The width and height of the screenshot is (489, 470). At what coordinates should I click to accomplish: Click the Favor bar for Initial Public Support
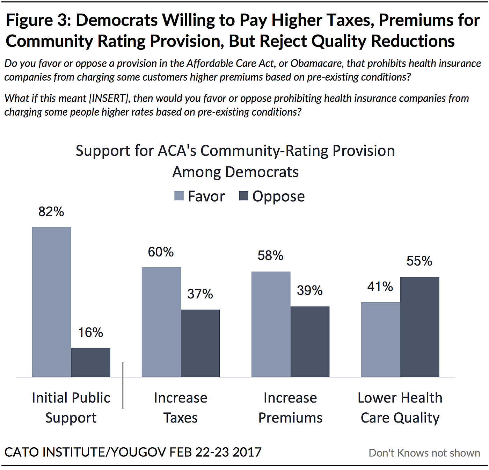point(51,302)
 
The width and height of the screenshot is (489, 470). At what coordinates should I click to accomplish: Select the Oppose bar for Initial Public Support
point(90,362)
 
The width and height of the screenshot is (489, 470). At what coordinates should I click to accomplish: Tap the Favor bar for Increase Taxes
point(161,322)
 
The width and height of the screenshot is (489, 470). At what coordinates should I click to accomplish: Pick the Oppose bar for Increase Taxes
point(200,343)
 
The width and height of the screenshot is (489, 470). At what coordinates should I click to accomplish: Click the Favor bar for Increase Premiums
point(271,324)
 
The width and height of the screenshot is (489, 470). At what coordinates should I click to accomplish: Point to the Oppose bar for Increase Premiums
point(310,341)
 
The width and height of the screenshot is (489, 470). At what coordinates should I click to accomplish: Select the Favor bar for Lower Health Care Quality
point(380,339)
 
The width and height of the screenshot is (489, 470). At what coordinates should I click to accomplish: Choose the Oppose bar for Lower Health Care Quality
point(419,327)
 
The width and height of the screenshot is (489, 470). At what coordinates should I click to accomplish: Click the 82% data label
point(51,212)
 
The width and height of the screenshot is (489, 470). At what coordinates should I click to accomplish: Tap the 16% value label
point(90,333)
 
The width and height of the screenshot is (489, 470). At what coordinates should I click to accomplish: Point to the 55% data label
point(419,261)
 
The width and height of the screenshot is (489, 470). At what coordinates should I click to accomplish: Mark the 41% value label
point(380,287)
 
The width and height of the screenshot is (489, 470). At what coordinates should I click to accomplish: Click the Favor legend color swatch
point(179,196)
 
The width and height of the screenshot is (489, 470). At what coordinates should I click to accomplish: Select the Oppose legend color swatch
point(243,196)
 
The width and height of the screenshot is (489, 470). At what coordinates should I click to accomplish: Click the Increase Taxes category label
point(181,408)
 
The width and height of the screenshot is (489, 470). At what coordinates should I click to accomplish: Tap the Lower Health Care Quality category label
point(400,408)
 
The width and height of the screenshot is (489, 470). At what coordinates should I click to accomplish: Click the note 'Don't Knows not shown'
point(424,453)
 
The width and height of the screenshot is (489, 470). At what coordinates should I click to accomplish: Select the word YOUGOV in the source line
point(138,452)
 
